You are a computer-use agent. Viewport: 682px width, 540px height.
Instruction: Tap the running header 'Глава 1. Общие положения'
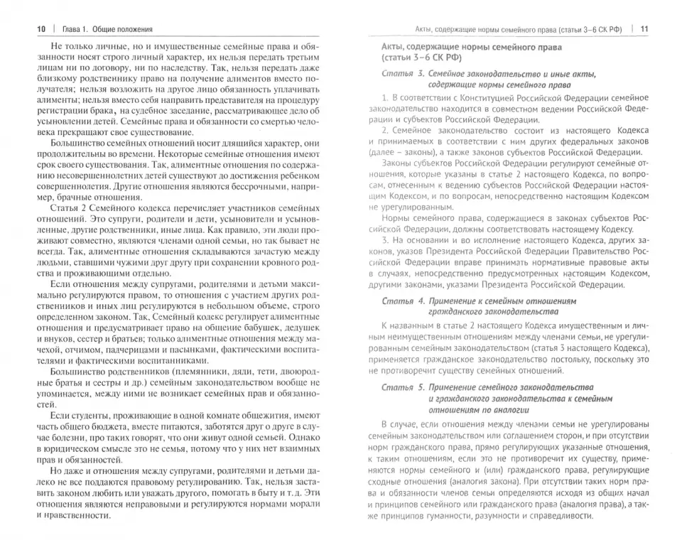(x=105, y=29)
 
